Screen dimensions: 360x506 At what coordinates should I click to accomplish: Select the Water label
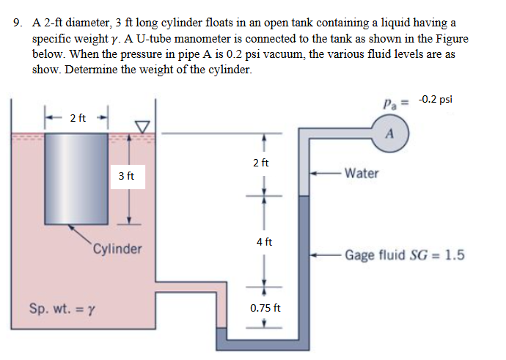(362, 174)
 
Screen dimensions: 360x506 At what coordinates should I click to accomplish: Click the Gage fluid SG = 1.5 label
(404, 255)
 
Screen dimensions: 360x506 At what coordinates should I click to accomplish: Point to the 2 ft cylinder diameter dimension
(78, 117)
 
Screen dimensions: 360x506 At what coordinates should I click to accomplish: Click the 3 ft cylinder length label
(125, 176)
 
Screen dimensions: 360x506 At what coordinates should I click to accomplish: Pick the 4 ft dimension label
(262, 241)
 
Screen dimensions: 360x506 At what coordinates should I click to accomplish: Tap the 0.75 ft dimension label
(265, 308)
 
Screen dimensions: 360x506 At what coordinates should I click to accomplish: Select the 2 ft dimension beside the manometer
(261, 162)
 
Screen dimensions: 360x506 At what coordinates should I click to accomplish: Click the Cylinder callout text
(117, 249)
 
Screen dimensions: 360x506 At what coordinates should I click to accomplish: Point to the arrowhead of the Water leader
(313, 174)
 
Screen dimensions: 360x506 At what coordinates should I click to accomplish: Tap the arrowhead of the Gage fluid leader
(313, 255)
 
